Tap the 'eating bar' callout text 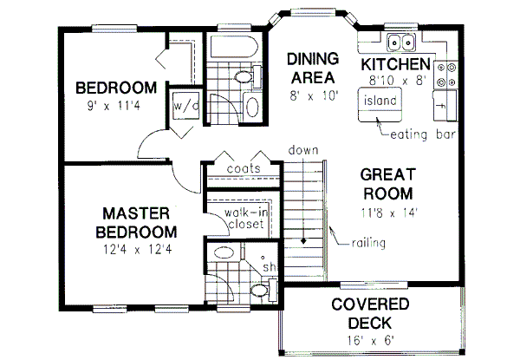click(424, 134)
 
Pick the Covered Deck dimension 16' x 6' click(369, 339)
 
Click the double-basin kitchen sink click(401, 41)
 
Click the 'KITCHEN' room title click(396, 65)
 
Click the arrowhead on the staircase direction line click(304, 239)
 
